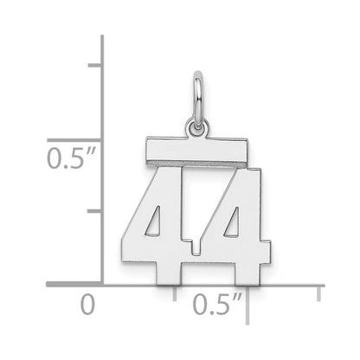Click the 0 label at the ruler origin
tap(87, 305)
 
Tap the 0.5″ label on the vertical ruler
tap(72, 158)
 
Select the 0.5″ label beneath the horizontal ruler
tap(217, 304)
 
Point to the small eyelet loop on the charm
tap(197, 127)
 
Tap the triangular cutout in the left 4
tap(153, 221)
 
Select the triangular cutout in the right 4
tap(232, 222)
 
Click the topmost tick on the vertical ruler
tap(94, 65)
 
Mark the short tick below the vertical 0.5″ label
tap(94, 211)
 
